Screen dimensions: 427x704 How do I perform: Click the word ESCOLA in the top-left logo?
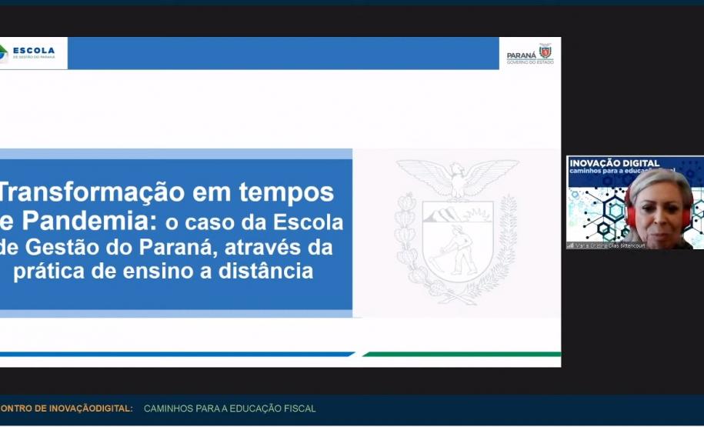[34, 51]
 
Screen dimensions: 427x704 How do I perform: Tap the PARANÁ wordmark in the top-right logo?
[522, 55]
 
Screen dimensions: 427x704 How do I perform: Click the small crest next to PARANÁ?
[546, 52]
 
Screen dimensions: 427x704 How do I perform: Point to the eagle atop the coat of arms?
[457, 178]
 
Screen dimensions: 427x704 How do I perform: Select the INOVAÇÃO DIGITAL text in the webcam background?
[614, 163]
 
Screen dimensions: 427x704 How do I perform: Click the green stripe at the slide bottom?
[462, 355]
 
